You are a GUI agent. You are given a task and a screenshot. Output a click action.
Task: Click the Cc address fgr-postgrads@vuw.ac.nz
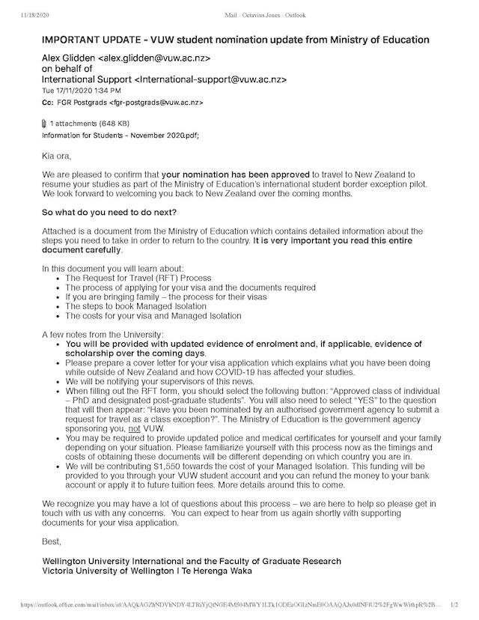156,103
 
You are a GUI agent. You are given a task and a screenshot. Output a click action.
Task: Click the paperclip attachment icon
44,123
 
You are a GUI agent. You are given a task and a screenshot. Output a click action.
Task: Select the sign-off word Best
52,540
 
